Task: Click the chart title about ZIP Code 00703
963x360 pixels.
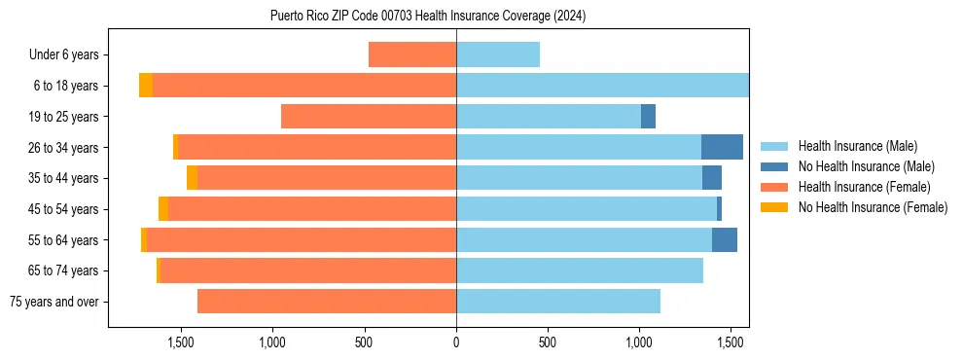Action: pyautogui.click(x=428, y=16)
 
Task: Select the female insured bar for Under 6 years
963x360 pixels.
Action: pyautogui.click(x=412, y=54)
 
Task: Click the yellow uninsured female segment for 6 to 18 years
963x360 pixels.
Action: pyautogui.click(x=146, y=86)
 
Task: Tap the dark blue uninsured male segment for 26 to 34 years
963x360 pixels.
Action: pyautogui.click(x=722, y=147)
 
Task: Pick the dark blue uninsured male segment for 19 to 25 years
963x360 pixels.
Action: pyautogui.click(x=648, y=117)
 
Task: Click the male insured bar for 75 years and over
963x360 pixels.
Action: pyautogui.click(x=558, y=302)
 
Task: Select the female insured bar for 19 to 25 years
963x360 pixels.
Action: pyautogui.click(x=369, y=117)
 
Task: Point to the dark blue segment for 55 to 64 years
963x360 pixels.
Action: pyautogui.click(x=725, y=239)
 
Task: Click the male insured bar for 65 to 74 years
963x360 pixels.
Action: pyautogui.click(x=580, y=270)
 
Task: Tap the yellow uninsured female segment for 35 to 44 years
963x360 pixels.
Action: pyautogui.click(x=193, y=178)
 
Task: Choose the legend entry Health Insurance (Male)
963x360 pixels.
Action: pyautogui.click(x=857, y=146)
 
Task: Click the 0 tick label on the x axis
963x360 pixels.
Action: pyautogui.click(x=456, y=342)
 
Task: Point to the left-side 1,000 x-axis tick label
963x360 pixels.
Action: pyautogui.click(x=272, y=342)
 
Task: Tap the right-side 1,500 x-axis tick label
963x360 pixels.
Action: pyautogui.click(x=731, y=342)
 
